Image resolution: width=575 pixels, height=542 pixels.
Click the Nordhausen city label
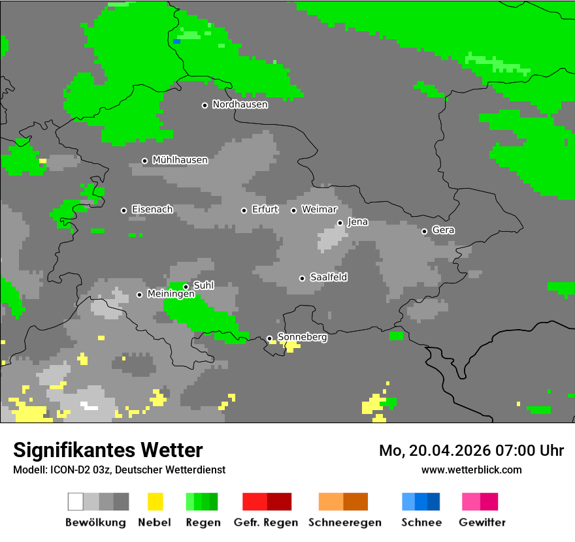pos(240,104)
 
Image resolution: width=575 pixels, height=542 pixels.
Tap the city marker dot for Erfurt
pos(244,210)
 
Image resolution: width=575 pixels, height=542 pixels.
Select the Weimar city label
pos(319,210)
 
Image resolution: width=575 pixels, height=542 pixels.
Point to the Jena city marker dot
pos(340,223)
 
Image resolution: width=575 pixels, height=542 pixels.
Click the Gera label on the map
pos(443,231)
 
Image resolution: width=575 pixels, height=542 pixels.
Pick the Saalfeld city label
pos(328,278)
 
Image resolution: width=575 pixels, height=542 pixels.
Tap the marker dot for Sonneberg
pos(269,338)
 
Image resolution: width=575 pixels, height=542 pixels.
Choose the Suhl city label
pos(203,285)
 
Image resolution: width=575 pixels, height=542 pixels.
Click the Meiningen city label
pos(171,295)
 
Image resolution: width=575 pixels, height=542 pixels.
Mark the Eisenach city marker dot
pos(123,210)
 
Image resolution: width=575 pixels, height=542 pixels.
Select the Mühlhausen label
pos(180,160)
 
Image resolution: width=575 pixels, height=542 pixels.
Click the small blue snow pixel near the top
pos(176,41)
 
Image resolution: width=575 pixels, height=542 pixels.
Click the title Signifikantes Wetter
pos(108,450)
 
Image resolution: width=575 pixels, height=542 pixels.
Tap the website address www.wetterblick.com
pos(471,470)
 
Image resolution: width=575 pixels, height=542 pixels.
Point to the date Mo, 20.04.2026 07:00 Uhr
pos(471,451)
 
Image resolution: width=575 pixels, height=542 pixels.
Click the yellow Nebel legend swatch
pos(155,502)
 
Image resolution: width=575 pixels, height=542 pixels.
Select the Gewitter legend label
pos(482,522)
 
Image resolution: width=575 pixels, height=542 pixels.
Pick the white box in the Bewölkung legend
pos(76,502)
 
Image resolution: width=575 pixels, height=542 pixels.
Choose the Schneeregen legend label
pos(345,522)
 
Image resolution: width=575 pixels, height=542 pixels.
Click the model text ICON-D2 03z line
pos(119,470)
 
